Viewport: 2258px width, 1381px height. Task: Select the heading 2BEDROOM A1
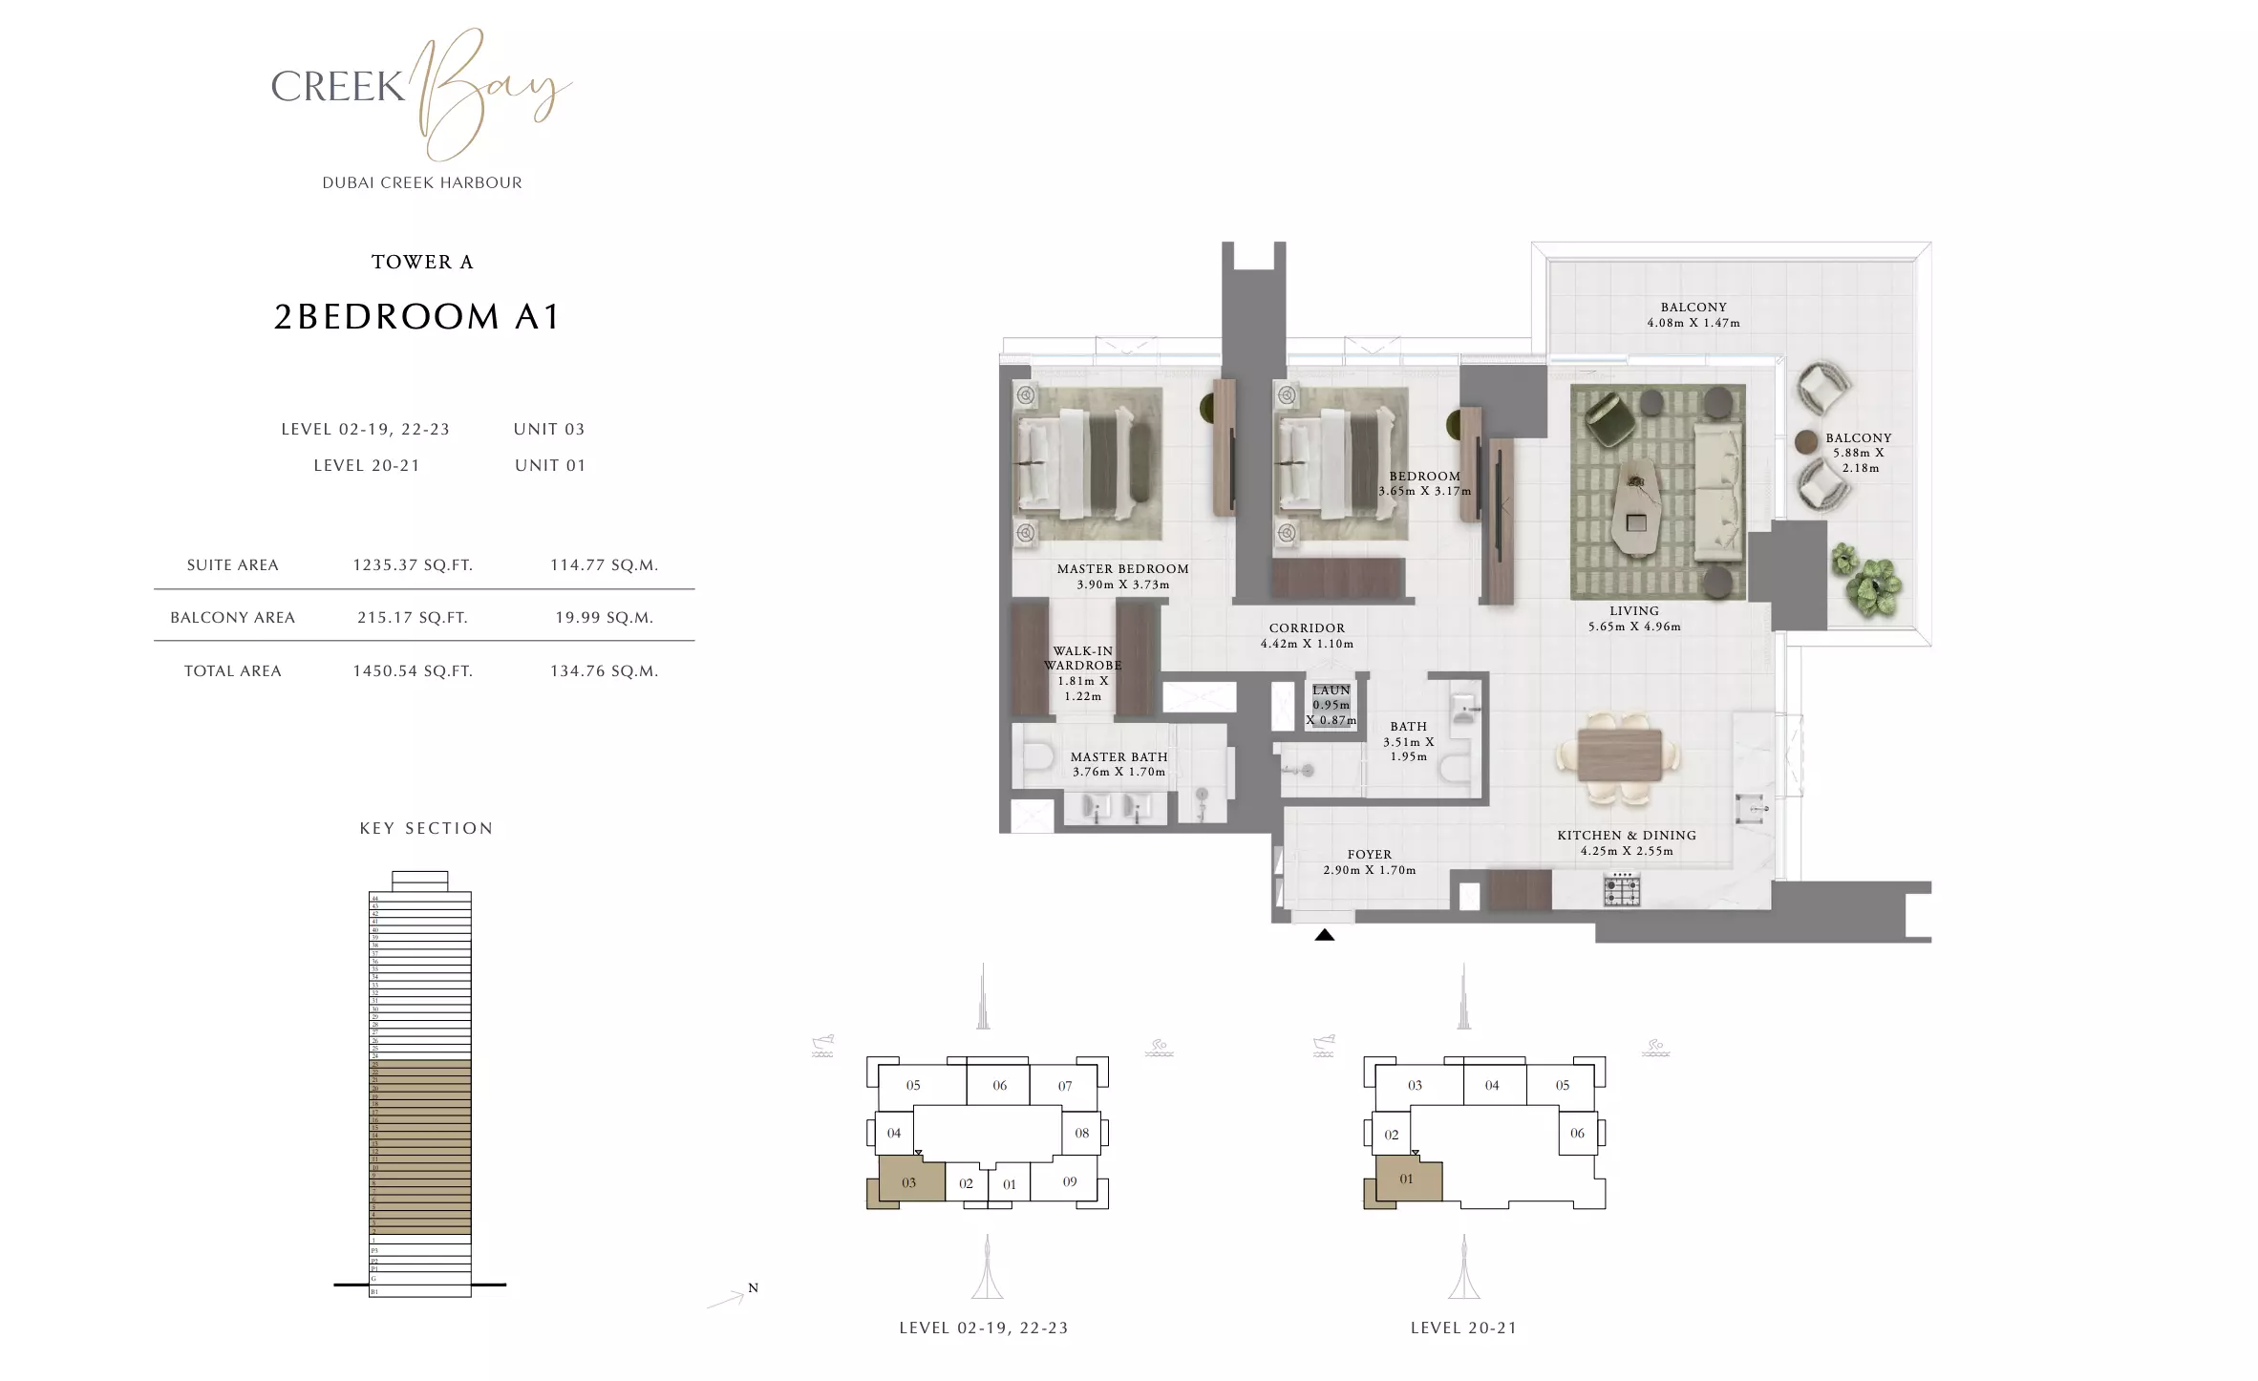click(x=416, y=316)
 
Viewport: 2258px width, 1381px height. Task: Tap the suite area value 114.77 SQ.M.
click(x=604, y=565)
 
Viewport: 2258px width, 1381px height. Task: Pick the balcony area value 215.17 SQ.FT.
click(x=413, y=618)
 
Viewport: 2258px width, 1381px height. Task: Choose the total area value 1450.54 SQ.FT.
click(x=413, y=671)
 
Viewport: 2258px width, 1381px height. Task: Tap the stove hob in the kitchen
click(x=1621, y=890)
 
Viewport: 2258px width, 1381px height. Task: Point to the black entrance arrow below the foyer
click(x=1324, y=935)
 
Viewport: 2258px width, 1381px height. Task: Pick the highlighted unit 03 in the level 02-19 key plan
click(x=908, y=1183)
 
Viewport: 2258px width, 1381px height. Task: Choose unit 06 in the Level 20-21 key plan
click(x=1577, y=1134)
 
